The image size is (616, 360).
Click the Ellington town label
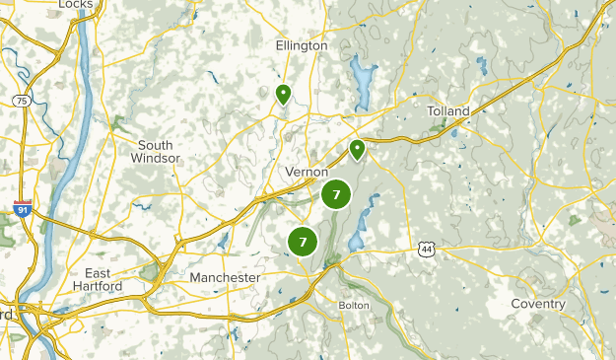302,46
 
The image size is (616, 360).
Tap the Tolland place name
448,111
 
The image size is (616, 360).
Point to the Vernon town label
307,172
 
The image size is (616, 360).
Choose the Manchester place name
225,278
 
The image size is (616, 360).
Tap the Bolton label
353,305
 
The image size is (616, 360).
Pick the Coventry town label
538,304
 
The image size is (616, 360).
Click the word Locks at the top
75,5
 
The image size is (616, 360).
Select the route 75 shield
20,100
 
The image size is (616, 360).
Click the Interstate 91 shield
23,209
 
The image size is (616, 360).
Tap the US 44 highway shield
425,250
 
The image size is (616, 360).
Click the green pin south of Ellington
283,95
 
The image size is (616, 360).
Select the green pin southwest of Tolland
357,150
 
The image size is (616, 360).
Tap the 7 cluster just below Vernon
336,194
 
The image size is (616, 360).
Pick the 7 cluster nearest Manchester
303,241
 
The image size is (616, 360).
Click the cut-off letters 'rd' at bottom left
6,315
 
